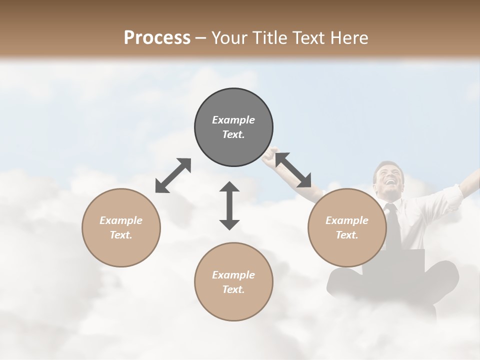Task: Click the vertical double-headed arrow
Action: click(x=229, y=205)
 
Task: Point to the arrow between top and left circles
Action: click(x=173, y=175)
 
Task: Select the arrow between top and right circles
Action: click(x=293, y=170)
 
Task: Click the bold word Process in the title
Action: click(x=157, y=37)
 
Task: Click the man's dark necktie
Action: click(x=393, y=225)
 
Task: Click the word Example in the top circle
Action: click(x=233, y=120)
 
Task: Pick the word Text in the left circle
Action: click(x=119, y=235)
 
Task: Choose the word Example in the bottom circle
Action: click(x=233, y=275)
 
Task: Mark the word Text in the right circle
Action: click(x=345, y=235)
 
